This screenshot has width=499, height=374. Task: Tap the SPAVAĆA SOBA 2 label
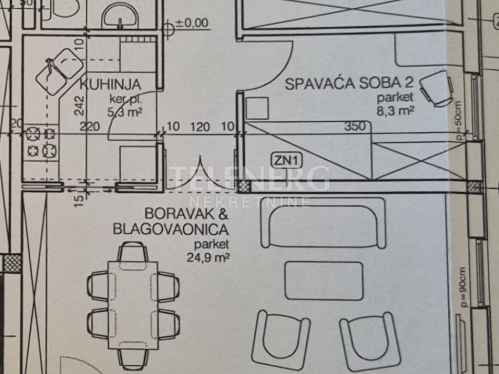349,83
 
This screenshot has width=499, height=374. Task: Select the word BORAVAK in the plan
179,214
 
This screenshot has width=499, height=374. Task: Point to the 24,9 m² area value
208,257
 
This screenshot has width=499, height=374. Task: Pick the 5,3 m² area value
125,113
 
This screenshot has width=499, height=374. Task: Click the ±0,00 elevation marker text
192,23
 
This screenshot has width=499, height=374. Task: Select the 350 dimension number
354,127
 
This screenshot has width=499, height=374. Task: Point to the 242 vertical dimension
80,105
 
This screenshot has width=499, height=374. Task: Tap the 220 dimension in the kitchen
90,127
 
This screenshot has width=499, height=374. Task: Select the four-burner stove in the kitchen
41,141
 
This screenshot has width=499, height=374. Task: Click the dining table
133,305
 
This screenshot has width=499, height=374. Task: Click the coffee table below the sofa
324,280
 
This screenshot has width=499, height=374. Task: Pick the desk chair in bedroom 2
436,89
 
